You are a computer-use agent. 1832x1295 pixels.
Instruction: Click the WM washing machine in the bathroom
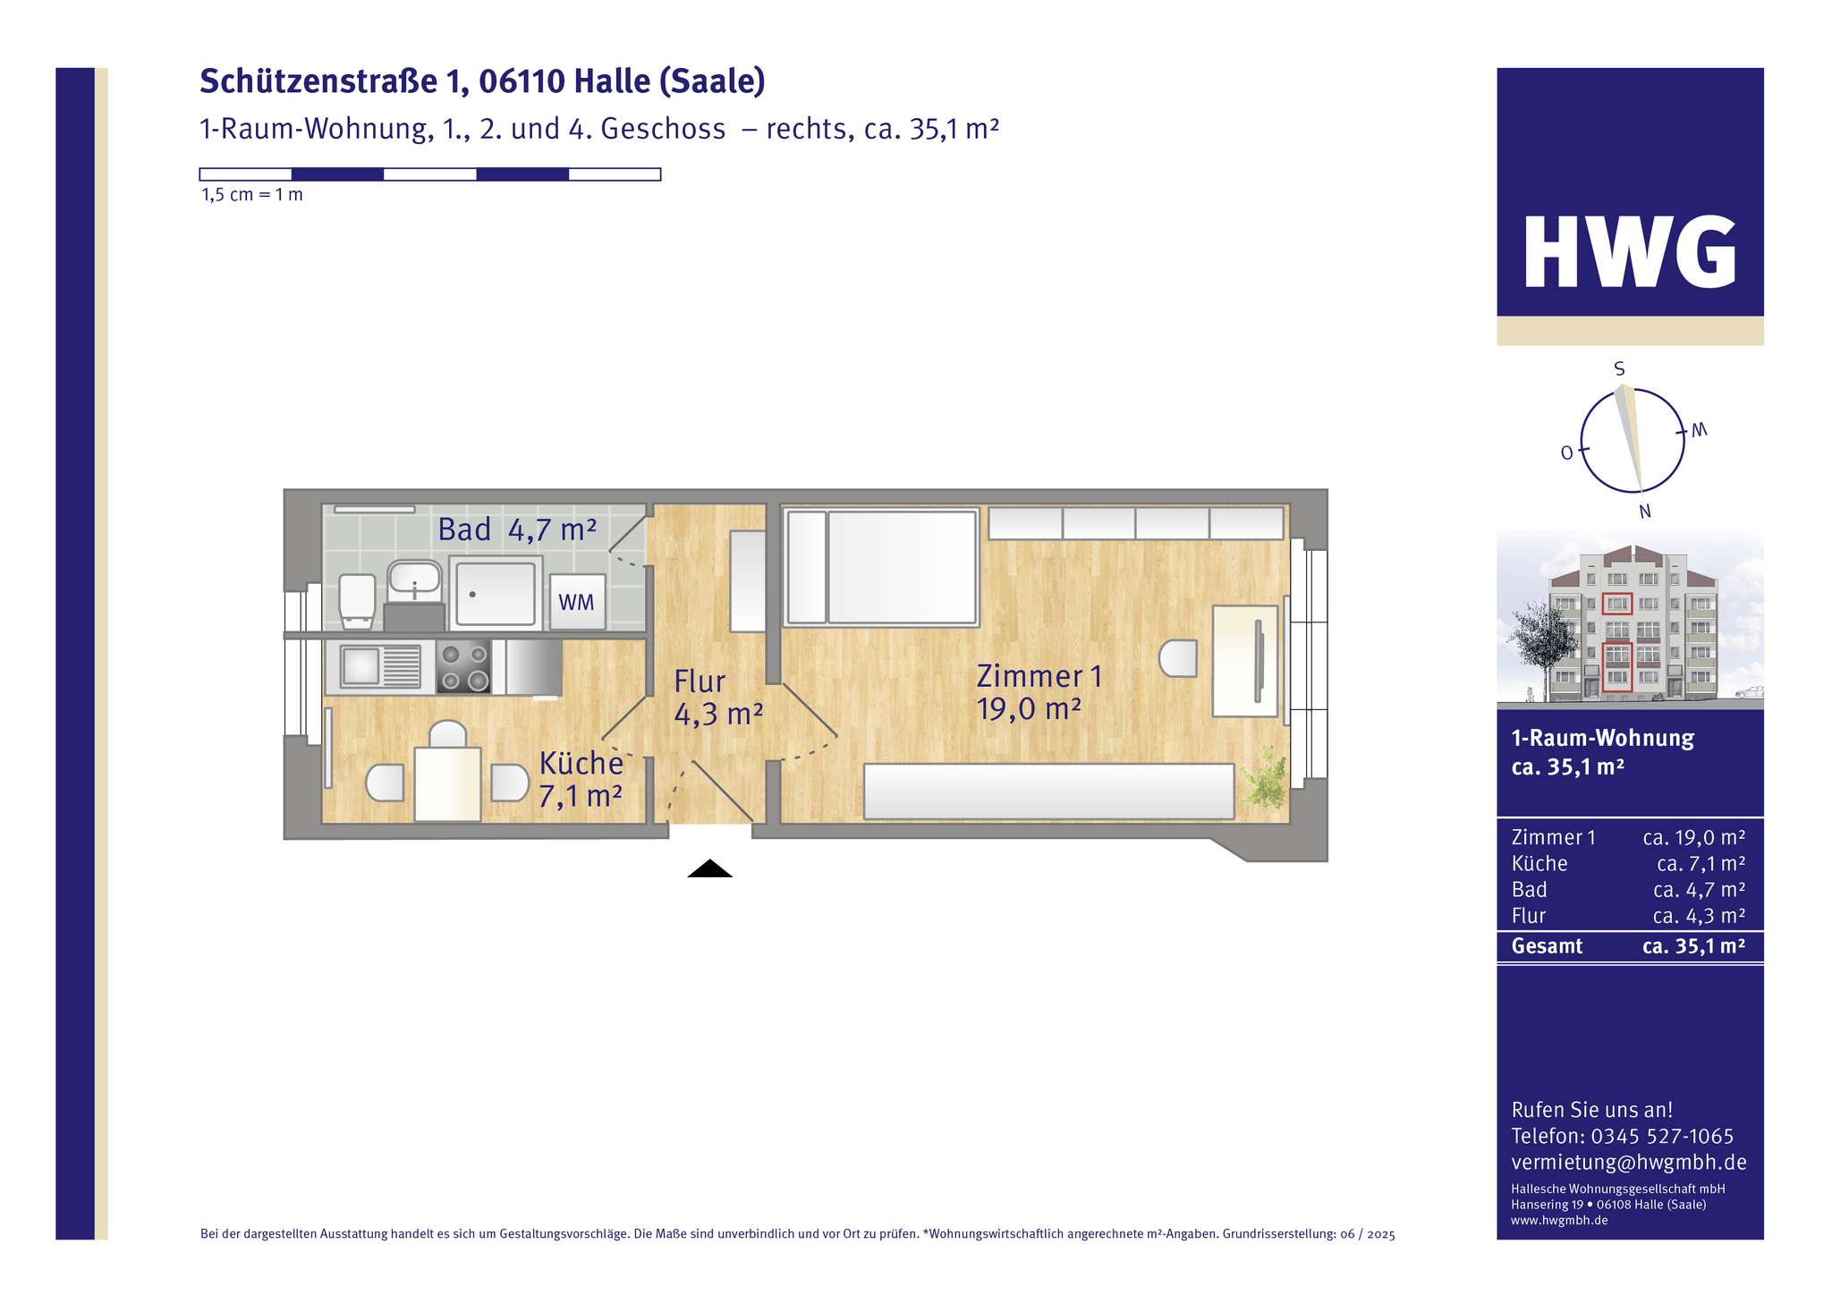577,602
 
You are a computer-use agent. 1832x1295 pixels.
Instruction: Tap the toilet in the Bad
357,597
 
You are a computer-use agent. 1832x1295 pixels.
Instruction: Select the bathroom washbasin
414,579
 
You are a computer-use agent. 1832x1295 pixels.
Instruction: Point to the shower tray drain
472,593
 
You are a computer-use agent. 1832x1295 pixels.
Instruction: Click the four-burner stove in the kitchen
463,666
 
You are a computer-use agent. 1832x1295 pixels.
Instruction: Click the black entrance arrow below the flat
709,868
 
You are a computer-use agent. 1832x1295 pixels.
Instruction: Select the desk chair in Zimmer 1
1178,659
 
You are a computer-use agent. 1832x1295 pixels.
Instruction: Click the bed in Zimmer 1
881,567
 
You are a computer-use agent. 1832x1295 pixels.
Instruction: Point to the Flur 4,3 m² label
717,698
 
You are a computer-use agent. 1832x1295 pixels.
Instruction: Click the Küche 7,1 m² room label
581,779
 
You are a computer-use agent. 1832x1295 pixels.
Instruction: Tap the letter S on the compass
1619,369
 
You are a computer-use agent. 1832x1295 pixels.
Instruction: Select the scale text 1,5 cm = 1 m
252,195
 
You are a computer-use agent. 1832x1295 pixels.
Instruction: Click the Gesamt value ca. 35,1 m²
1693,946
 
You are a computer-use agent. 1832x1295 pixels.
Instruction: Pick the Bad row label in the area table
1529,890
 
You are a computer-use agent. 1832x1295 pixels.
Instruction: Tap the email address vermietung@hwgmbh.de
1628,1163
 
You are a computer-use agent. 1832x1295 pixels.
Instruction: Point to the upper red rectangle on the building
1616,604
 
